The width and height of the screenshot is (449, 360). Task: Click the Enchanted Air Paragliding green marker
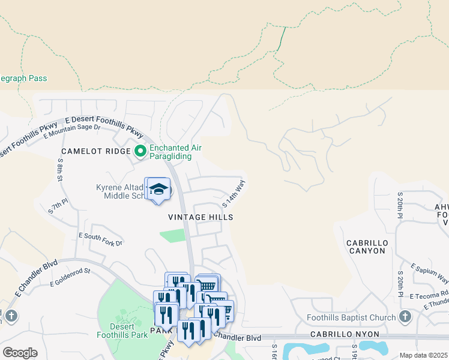click(x=140, y=151)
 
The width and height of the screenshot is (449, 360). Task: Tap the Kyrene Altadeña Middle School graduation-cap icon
click(x=158, y=189)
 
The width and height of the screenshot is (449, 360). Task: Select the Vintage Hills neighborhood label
click(x=200, y=217)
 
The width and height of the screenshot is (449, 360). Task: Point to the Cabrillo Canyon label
click(x=366, y=247)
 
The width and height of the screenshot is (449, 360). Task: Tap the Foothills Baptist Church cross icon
click(x=405, y=317)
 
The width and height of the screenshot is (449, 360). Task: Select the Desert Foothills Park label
click(x=122, y=331)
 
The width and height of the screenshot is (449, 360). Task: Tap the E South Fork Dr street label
click(x=100, y=239)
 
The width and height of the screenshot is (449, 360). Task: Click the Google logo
click(x=20, y=352)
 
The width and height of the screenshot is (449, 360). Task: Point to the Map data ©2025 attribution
click(x=423, y=355)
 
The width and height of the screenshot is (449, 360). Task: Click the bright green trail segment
click(x=281, y=38)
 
